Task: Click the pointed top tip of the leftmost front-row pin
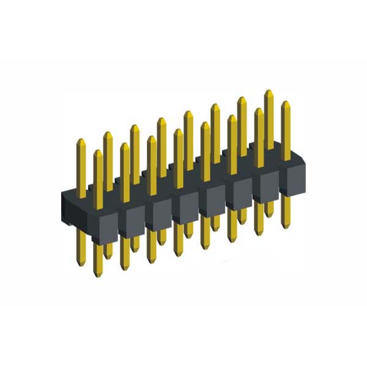98,150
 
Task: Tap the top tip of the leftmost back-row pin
81,140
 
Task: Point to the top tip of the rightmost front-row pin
285,103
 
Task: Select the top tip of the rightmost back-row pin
268,91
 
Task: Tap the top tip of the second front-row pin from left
125,144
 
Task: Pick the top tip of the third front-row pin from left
151,137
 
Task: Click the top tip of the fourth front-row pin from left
178,130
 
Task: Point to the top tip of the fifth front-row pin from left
205,124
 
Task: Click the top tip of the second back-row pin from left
108,133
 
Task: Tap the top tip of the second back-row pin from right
242,98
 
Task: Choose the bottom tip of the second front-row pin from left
125,269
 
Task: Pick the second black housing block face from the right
264,188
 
